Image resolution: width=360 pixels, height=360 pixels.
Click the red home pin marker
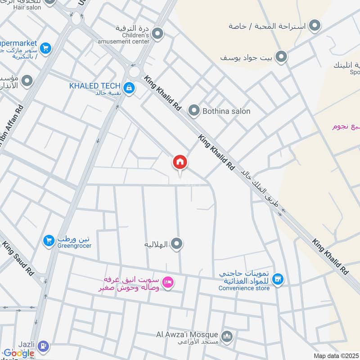pos(180,162)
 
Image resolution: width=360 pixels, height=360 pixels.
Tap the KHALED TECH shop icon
pos(129,88)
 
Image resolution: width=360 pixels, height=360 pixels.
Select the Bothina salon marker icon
pos(194,110)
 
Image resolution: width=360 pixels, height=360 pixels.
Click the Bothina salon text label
pos(226,111)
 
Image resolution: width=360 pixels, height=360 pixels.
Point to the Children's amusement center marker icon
pos(157,33)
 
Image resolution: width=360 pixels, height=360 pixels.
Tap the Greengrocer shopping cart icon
pos(48,241)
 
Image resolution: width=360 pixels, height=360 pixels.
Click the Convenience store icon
pos(279,280)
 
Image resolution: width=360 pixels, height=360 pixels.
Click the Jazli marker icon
pos(43,346)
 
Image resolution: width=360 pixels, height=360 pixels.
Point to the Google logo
pos(18,353)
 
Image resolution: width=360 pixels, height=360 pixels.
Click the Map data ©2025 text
pos(336,356)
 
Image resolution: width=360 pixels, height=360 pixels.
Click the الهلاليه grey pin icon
pos(178,244)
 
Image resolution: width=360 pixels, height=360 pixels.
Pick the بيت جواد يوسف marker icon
pos(281,57)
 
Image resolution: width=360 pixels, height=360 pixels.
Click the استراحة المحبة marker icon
pos(315,26)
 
